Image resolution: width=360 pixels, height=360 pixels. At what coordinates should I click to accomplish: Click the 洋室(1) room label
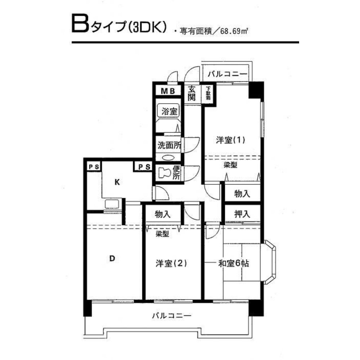click(x=231, y=140)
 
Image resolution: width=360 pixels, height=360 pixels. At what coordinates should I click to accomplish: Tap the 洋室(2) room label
click(x=171, y=264)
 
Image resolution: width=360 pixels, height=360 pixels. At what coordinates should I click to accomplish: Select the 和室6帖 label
click(x=234, y=264)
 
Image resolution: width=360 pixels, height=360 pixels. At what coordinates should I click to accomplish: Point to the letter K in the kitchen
click(x=117, y=182)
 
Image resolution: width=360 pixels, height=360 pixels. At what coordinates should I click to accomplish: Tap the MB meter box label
click(x=168, y=91)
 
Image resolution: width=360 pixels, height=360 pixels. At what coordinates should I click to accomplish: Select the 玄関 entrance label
click(x=191, y=93)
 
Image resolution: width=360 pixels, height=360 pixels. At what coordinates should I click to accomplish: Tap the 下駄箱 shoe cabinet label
click(x=209, y=93)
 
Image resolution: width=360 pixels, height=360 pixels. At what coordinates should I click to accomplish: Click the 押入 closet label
click(x=242, y=215)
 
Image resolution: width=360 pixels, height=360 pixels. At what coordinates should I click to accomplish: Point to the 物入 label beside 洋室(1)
click(x=242, y=194)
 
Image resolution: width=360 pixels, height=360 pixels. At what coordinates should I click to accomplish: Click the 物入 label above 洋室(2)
click(x=163, y=215)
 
